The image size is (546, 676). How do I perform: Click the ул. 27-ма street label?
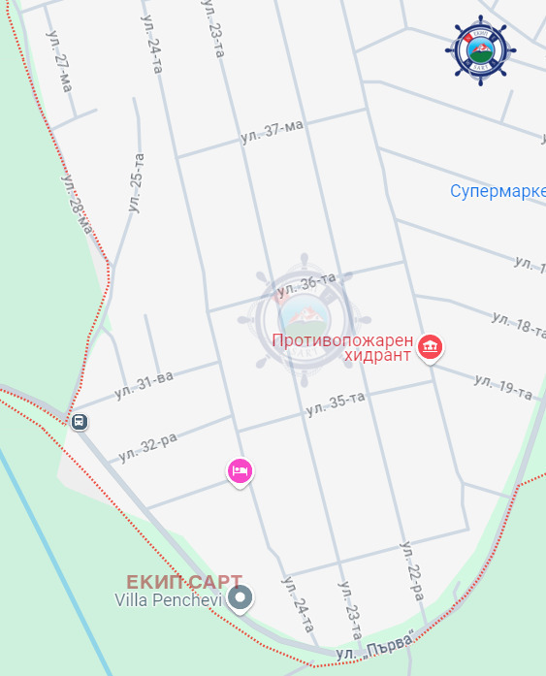click(58, 60)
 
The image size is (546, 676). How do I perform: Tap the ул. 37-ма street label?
click(273, 131)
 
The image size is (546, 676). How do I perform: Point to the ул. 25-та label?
click(135, 182)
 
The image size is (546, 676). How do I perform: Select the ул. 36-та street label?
click(305, 284)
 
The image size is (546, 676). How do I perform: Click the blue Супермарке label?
click(498, 191)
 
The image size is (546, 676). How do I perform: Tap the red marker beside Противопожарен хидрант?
click(431, 346)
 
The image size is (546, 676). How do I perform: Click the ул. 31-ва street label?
click(144, 384)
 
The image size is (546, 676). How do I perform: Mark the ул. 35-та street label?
click(335, 403)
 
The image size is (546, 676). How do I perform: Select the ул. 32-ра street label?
click(147, 446)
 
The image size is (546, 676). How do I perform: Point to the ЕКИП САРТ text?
click(183, 582)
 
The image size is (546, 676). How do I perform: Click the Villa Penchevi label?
click(169, 600)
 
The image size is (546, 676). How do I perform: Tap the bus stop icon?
click(79, 422)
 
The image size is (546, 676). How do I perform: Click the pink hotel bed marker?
click(240, 471)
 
